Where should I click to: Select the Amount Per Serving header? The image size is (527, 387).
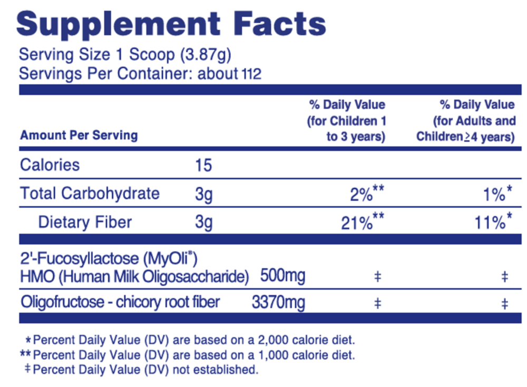click(79, 135)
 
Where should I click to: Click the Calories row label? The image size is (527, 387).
click(50, 165)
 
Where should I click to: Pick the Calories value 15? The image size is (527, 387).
click(203, 166)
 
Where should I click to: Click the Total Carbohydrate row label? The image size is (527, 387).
click(90, 193)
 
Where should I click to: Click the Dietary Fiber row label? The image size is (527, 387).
click(85, 222)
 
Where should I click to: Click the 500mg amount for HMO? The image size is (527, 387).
click(282, 275)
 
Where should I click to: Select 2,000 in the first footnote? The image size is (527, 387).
click(281, 339)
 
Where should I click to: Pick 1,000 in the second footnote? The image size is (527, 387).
click(281, 354)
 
